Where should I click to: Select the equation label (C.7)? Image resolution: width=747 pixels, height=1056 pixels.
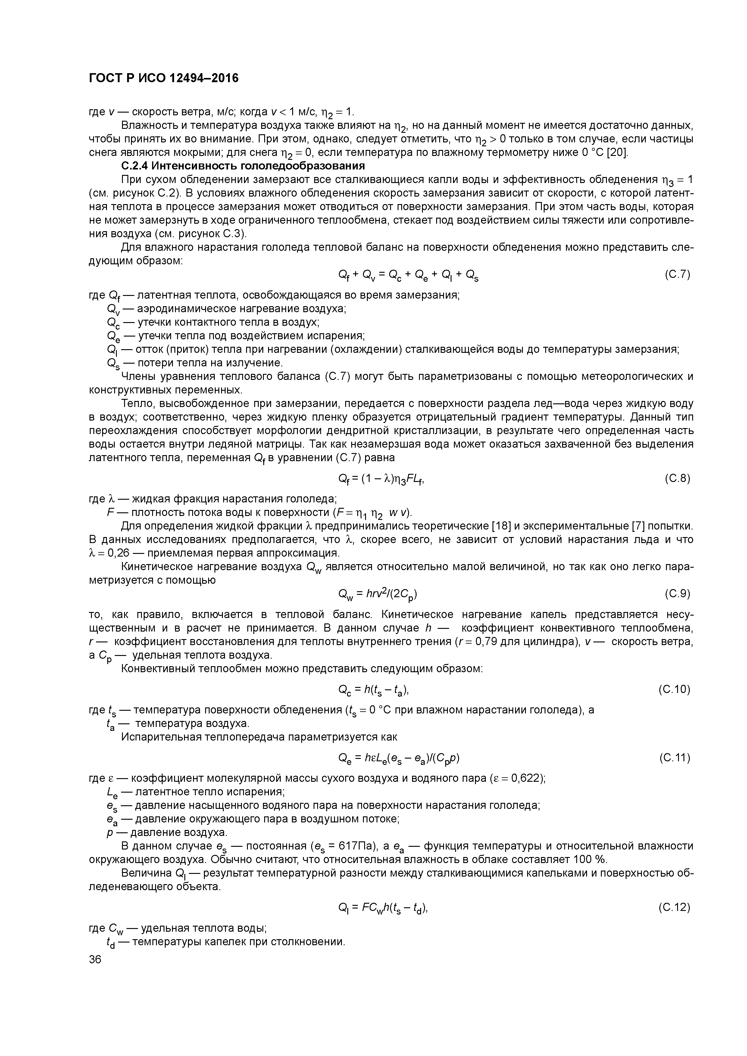point(677,275)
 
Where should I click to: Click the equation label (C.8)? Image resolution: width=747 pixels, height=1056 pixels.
point(677,478)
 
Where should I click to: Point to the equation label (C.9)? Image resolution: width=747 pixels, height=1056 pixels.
point(677,594)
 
